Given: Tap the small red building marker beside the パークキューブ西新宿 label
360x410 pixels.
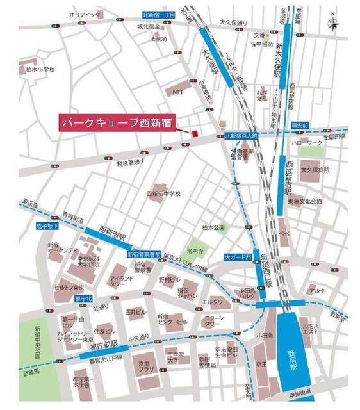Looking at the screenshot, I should [x=192, y=133].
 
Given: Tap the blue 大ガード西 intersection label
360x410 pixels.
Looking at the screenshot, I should [x=237, y=256].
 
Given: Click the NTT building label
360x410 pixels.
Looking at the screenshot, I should [x=178, y=92].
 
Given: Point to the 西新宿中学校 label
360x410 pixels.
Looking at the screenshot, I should [x=164, y=193].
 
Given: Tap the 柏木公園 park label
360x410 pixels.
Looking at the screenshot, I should [x=213, y=227].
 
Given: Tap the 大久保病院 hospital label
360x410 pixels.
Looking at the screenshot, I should [x=316, y=170].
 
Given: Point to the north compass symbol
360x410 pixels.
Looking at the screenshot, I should [x=334, y=22].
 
